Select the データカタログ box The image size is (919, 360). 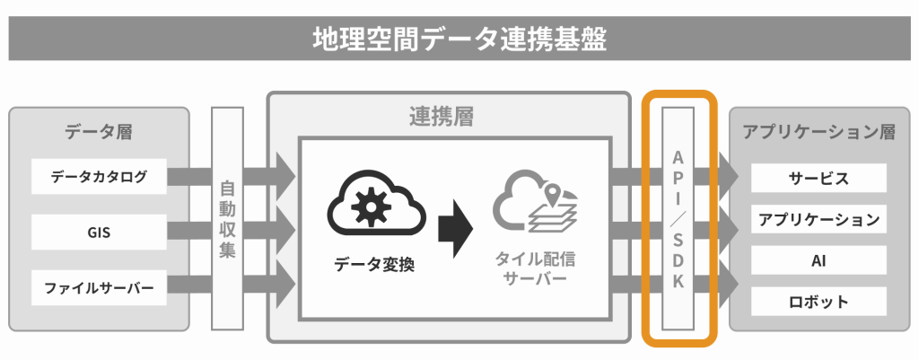pos(99,177)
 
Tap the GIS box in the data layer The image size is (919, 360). pos(99,233)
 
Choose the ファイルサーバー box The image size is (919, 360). pos(99,288)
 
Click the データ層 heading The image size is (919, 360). pos(99,132)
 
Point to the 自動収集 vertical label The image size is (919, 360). pos(227,220)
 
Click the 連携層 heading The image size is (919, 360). pos(442,118)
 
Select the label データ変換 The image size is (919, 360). pos(374,265)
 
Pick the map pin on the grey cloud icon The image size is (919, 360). pos(552,194)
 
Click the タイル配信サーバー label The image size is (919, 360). pos(531,268)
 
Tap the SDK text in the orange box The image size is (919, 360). pos(678,260)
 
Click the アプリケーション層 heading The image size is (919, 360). pos(818,132)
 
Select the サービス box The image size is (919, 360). pos(818,178)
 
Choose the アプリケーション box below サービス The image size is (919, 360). pos(818,219)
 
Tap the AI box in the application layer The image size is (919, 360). pos(818,260)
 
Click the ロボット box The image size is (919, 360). pos(818,302)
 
